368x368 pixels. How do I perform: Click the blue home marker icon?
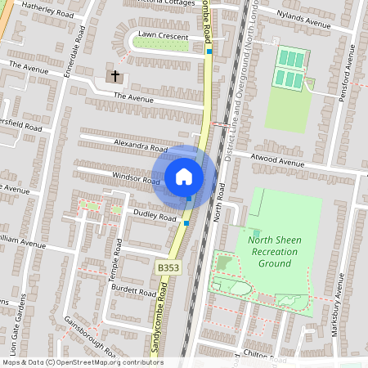pyautogui.click(x=184, y=176)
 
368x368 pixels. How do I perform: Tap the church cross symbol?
pyautogui.click(x=115, y=76)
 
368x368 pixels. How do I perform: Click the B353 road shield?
pyautogui.click(x=168, y=267)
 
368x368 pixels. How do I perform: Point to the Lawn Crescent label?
pyautogui.click(x=163, y=36)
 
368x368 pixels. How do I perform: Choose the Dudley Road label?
pyautogui.click(x=155, y=215)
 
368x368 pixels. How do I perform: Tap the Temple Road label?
pyautogui.click(x=116, y=260)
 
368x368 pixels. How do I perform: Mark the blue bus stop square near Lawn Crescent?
pyautogui.click(x=210, y=52)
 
